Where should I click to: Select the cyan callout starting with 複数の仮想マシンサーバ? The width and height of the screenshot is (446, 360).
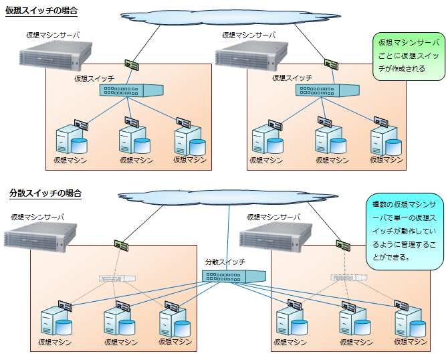click(405, 230)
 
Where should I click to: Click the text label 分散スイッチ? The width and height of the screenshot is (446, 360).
click(225, 262)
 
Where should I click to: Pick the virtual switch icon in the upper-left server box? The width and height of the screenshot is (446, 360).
click(130, 90)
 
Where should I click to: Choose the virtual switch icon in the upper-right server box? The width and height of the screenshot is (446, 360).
click(327, 90)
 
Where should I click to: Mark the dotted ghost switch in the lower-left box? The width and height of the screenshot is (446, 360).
click(116, 278)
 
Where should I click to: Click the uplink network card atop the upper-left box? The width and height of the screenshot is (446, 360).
click(133, 66)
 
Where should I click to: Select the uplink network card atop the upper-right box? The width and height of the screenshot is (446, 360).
click(330, 64)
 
